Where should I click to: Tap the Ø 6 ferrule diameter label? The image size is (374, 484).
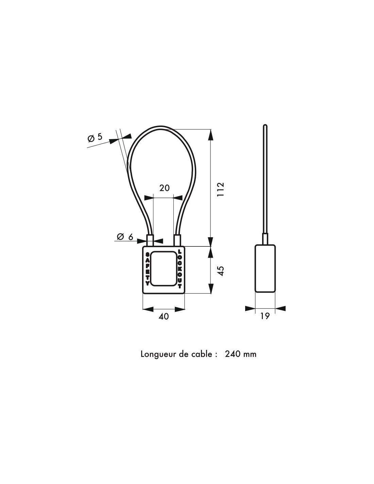tap(125, 237)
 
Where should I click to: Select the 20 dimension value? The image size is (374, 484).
tap(165, 188)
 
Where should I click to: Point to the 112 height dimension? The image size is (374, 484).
tap(220, 189)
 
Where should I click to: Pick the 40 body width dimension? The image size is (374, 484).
tap(164, 317)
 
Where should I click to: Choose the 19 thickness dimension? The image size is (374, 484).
tap(265, 316)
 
